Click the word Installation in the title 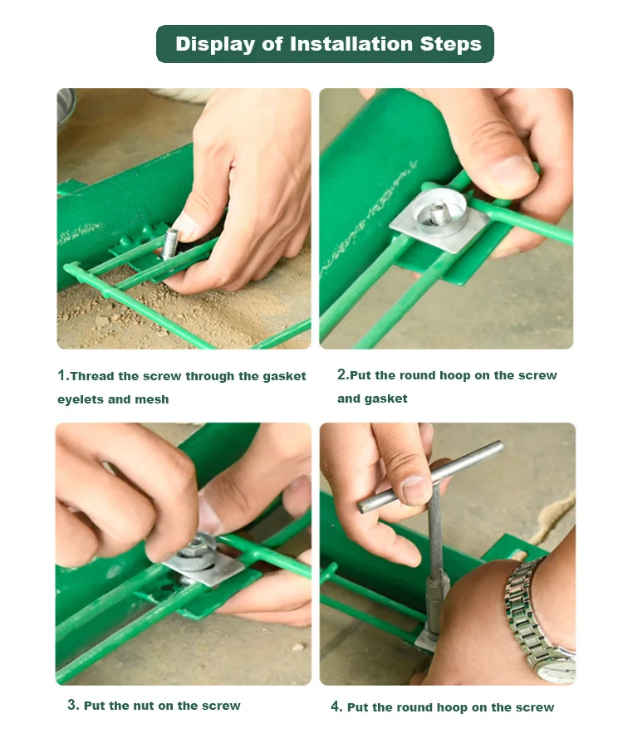click(351, 44)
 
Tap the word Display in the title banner click(215, 44)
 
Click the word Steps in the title click(451, 44)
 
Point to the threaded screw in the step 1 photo click(170, 243)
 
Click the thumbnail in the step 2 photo click(513, 169)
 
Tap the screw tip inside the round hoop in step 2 click(439, 213)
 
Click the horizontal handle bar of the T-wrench click(430, 477)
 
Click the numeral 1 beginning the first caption click(62, 375)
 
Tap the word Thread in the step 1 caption click(92, 376)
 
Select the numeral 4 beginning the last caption click(335, 706)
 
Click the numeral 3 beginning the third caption click(71, 705)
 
